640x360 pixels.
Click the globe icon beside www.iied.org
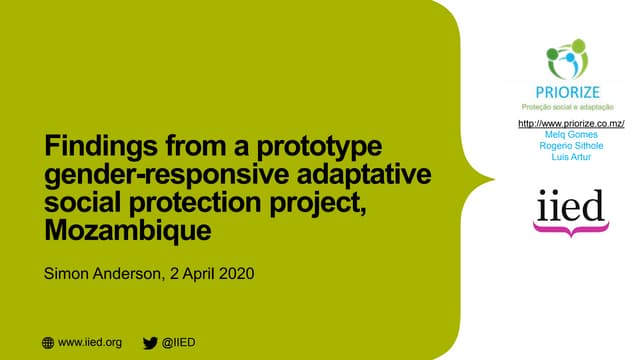[x=48, y=343]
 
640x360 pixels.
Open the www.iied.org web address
[x=91, y=343]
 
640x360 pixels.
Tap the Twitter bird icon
[x=150, y=343]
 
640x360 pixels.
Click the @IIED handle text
[x=179, y=343]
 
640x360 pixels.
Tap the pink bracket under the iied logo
[x=568, y=230]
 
